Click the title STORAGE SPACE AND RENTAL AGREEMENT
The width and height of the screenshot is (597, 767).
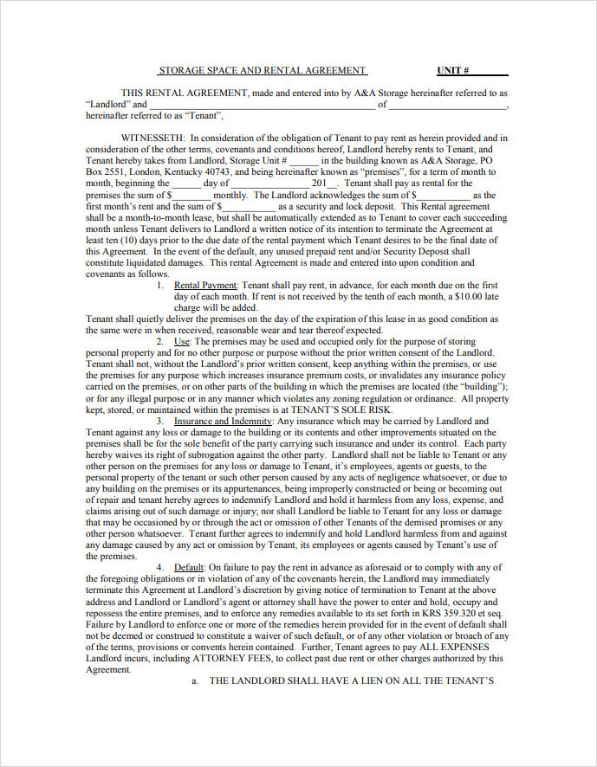(x=262, y=70)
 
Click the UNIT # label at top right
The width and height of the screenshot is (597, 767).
(x=453, y=70)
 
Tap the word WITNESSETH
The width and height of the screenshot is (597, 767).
(x=152, y=138)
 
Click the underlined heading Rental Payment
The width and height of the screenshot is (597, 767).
(x=205, y=285)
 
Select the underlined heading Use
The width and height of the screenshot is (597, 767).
(x=182, y=342)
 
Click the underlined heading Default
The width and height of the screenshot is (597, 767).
(x=189, y=567)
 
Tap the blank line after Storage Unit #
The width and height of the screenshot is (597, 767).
(x=303, y=160)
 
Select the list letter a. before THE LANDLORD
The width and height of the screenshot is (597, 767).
(x=195, y=680)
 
